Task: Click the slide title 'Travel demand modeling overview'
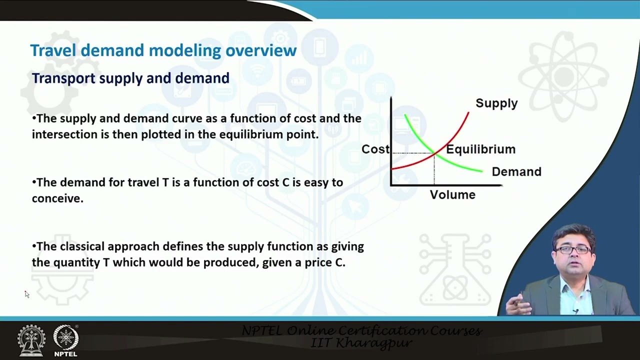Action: [163, 50]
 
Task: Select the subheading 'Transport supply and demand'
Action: [130, 78]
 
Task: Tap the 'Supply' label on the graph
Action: [496, 103]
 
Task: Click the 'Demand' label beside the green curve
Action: [516, 171]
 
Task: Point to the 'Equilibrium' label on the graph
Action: [480, 149]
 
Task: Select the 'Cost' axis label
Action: [375, 149]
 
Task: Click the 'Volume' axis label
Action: [452, 194]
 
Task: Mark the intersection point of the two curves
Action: [434, 153]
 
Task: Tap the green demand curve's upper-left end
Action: [405, 116]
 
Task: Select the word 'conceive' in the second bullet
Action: [55, 198]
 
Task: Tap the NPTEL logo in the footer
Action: [65, 340]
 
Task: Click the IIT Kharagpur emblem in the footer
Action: [31, 340]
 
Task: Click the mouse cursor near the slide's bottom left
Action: [26, 294]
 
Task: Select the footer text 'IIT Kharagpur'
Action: [361, 343]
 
